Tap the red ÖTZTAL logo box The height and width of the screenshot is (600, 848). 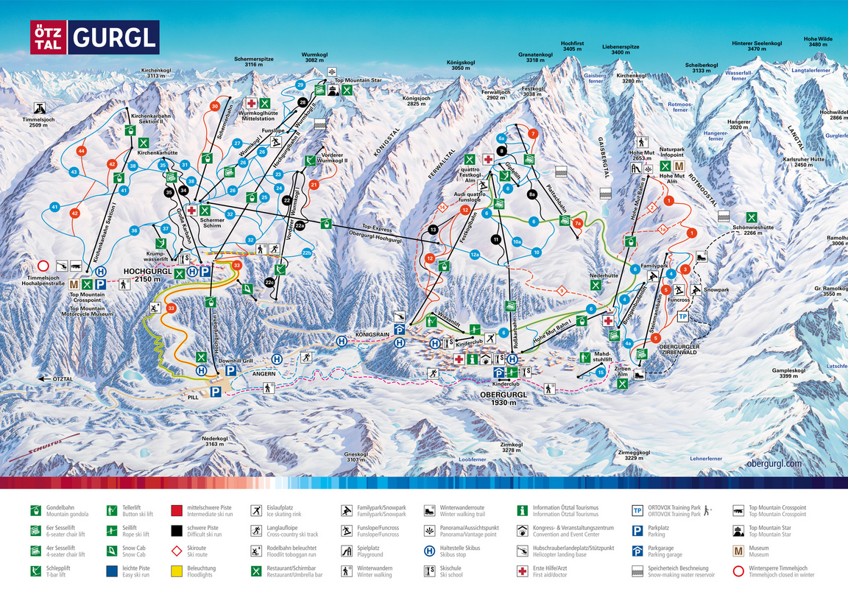[48, 38]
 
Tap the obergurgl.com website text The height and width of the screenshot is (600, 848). [774, 463]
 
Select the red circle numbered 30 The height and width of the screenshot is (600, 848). [215, 106]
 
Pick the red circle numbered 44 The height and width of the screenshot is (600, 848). [82, 151]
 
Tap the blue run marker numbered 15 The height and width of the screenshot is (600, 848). [601, 373]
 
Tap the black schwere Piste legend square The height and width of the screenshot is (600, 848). [177, 530]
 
